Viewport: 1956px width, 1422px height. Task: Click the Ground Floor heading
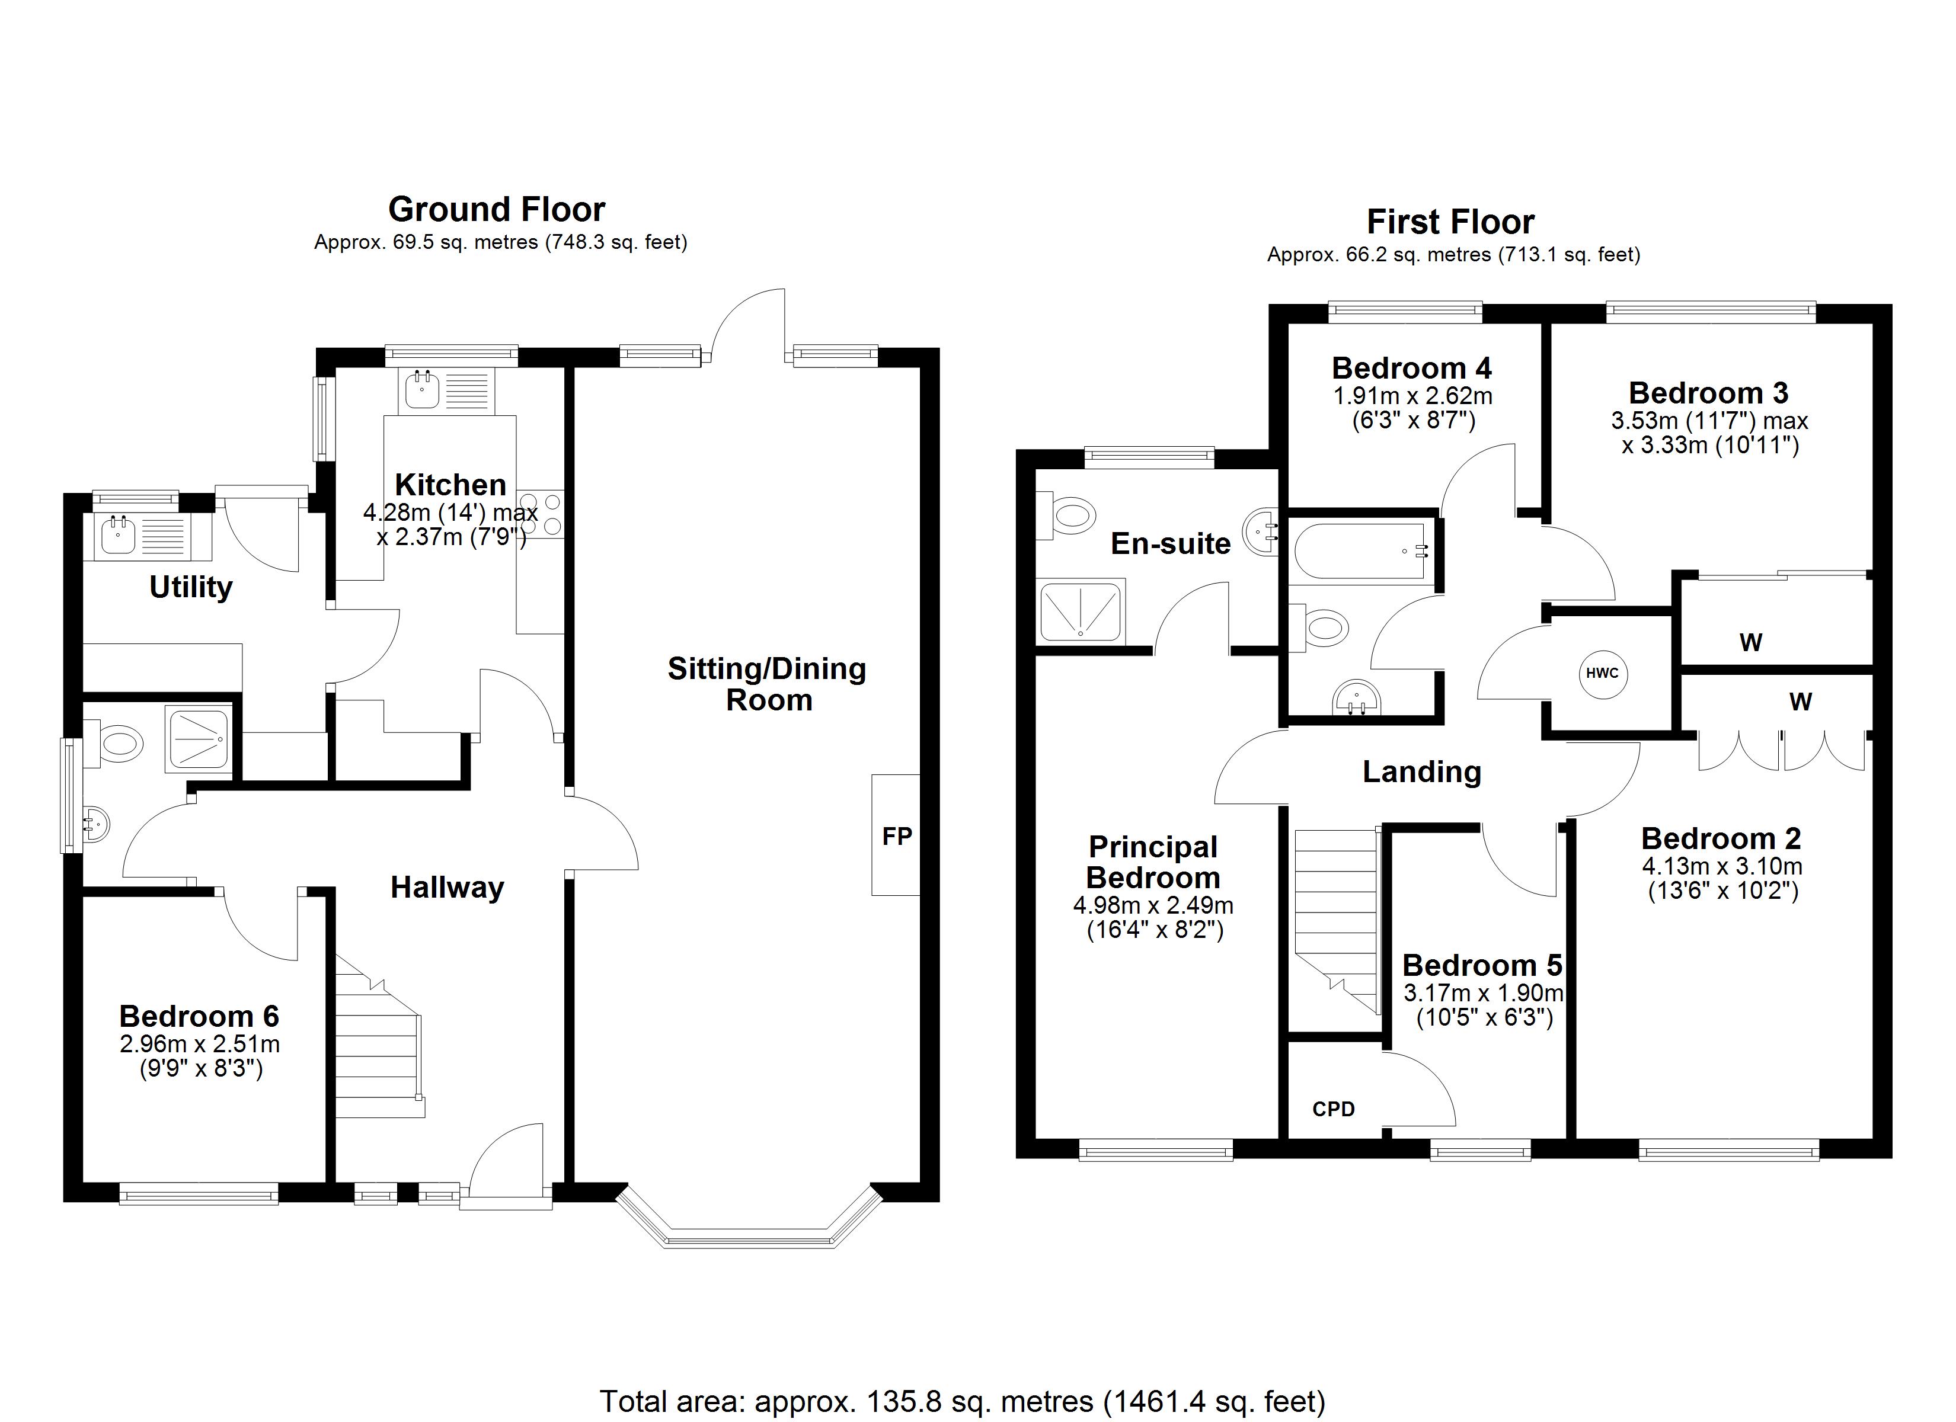[497, 210]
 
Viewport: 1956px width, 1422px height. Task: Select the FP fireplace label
[897, 835]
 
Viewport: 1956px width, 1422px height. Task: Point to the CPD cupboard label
[1333, 1109]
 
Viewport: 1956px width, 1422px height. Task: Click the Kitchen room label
[450, 485]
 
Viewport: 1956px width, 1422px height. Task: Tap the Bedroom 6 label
[199, 1016]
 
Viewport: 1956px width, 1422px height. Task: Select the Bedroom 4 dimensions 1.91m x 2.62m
[1412, 396]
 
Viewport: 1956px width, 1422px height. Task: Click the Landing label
[1422, 772]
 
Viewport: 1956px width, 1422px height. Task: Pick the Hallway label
[447, 888]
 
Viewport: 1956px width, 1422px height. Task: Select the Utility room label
[191, 587]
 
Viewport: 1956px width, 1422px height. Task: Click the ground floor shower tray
[199, 739]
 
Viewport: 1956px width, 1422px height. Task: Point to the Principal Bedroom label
[1153, 862]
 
